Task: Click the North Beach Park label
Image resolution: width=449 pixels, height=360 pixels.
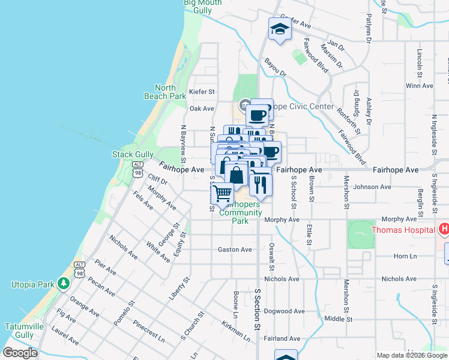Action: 165,92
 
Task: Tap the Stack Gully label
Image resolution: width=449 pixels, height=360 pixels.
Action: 133,155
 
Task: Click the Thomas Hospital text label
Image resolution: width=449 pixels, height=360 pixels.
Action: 403,230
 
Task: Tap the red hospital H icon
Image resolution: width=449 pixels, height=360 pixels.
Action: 444,229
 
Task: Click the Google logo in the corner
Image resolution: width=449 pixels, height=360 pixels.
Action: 20,353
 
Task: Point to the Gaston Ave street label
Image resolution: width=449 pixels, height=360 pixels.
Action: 235,250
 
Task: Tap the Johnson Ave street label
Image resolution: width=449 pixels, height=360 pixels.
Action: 376,187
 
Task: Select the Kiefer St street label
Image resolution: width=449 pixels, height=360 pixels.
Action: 202,92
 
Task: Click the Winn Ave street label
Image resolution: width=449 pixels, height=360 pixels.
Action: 419,86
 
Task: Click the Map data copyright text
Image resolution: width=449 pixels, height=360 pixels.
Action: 411,355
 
